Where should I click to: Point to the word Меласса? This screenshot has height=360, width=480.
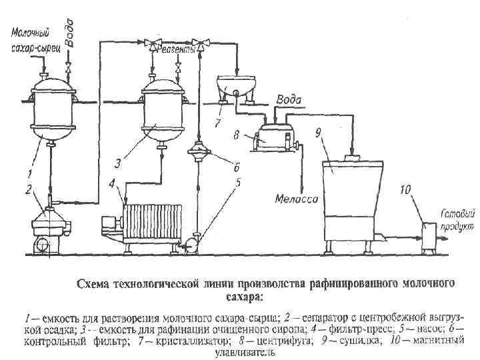(x=296, y=198)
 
